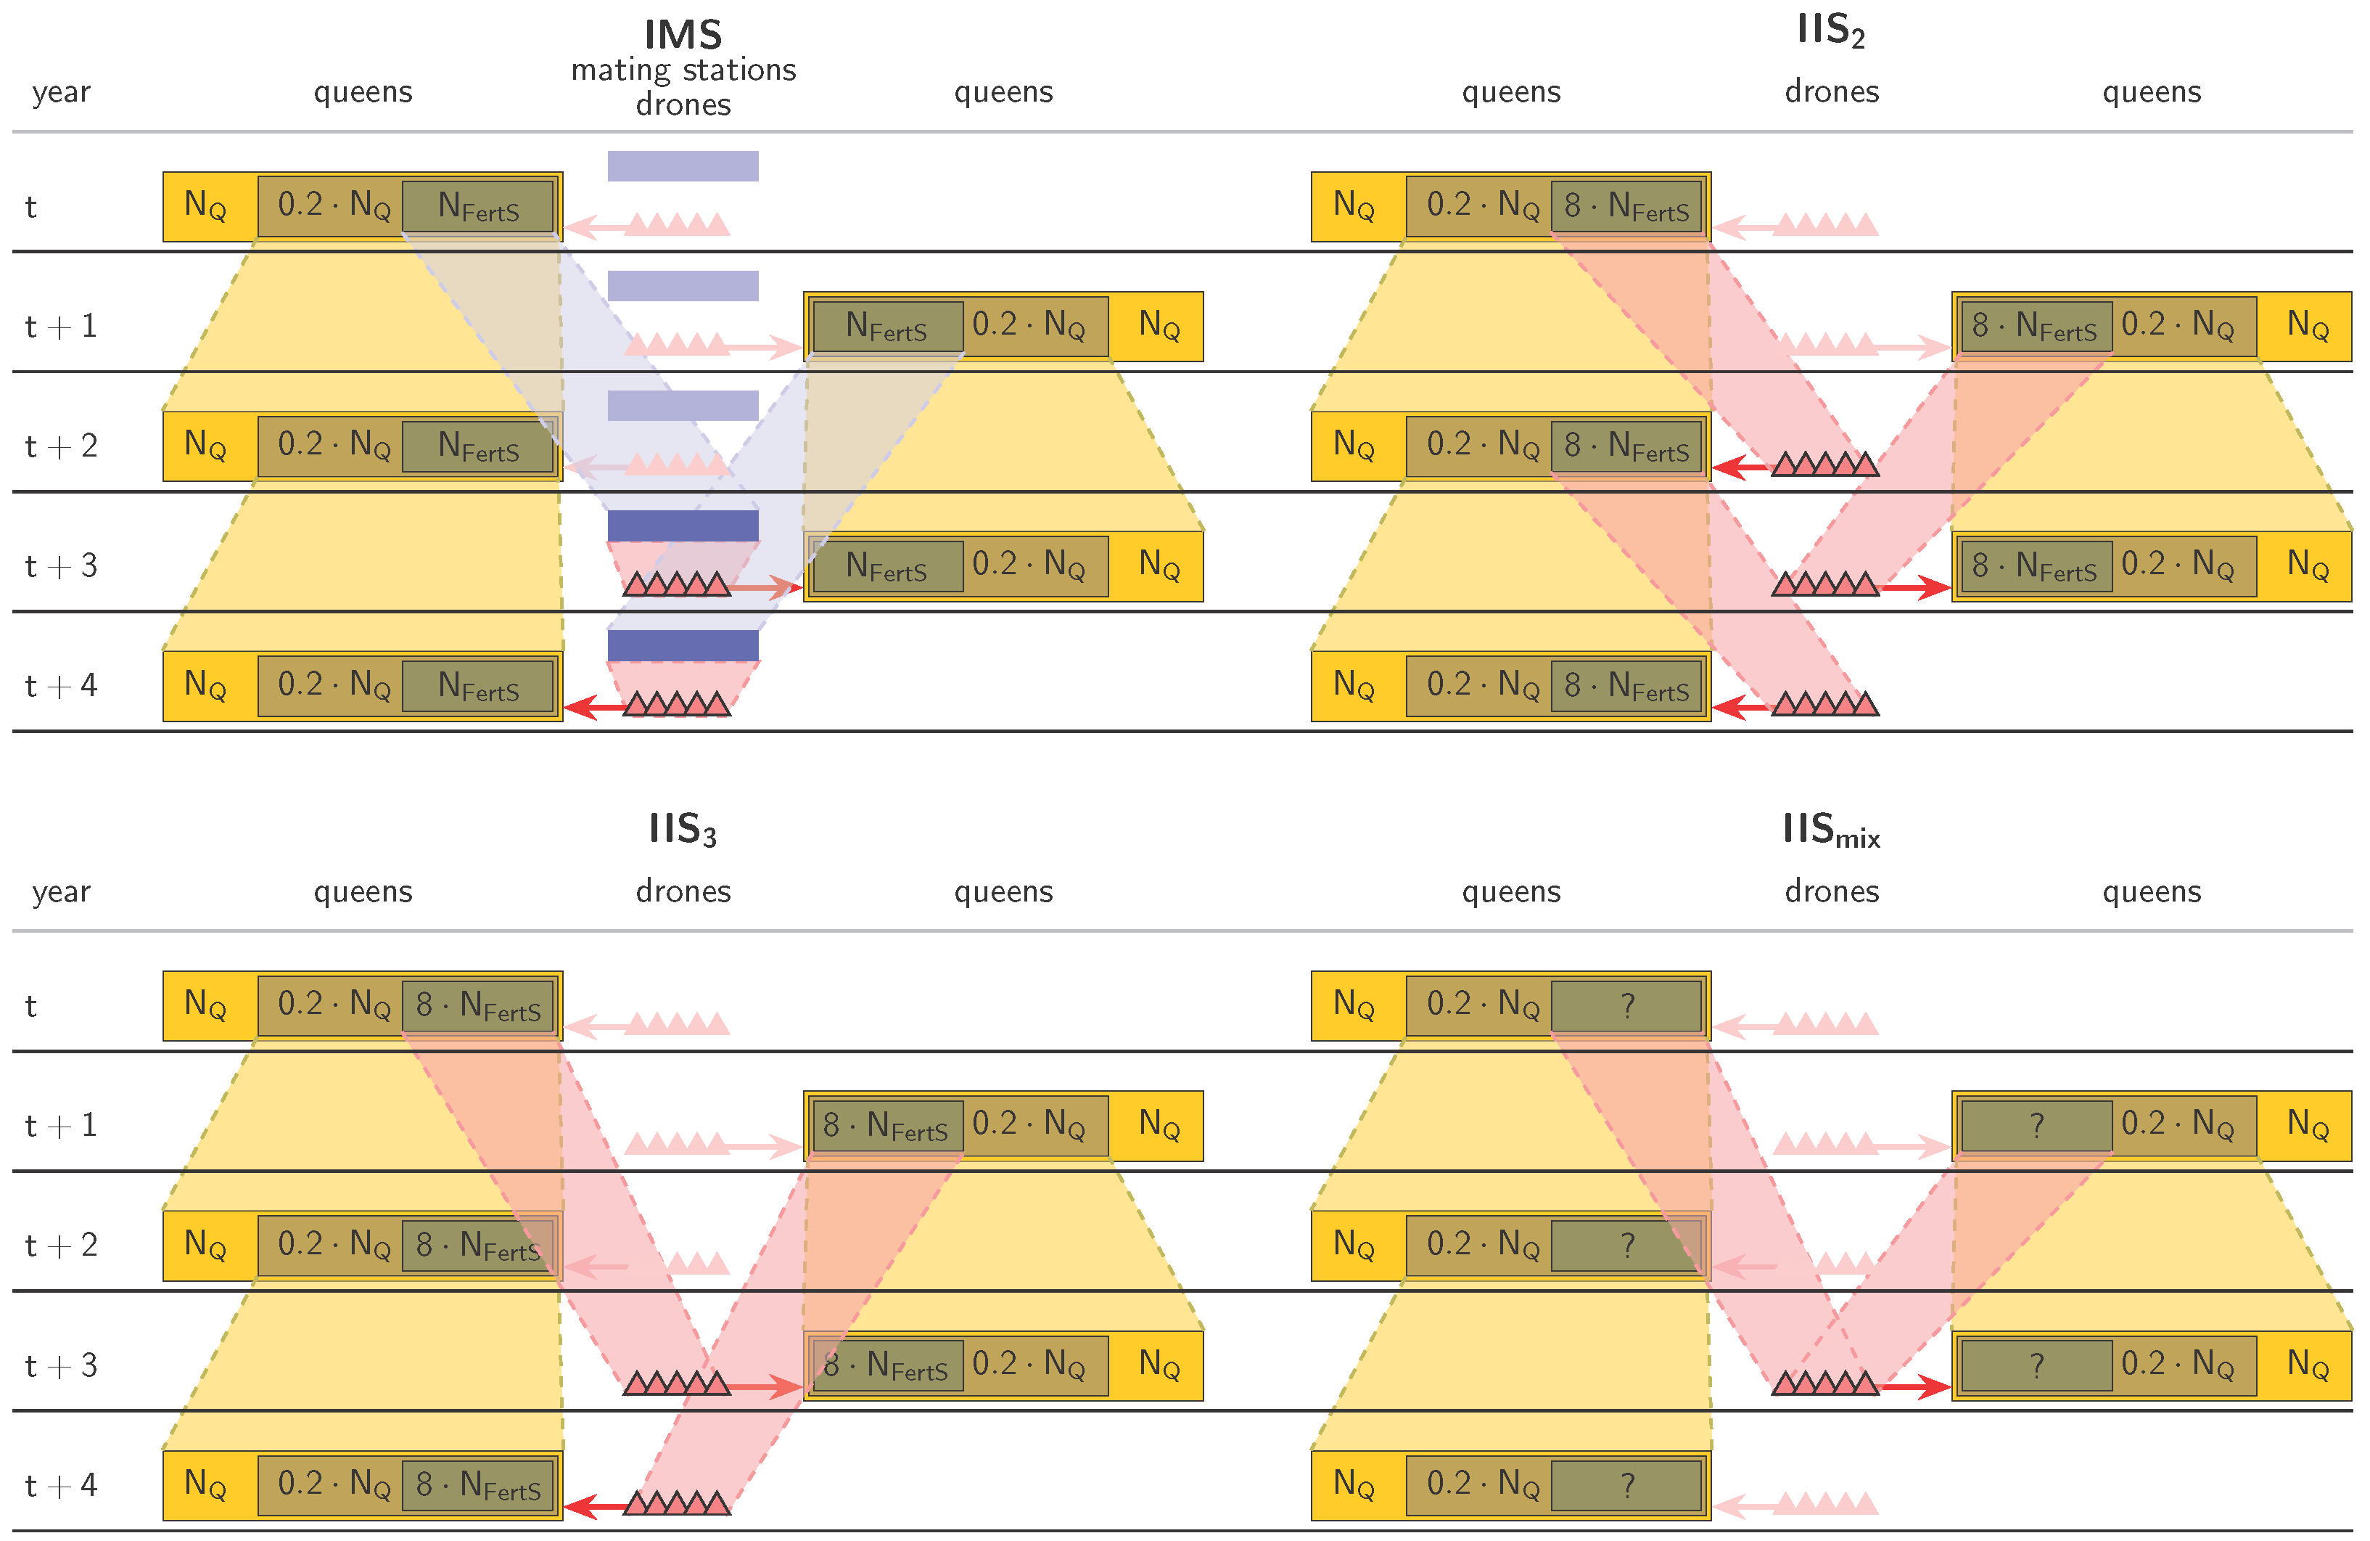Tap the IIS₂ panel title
[x=1830, y=30]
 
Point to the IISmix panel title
[x=1830, y=829]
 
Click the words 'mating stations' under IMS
[x=683, y=70]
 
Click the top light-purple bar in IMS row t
[x=683, y=165]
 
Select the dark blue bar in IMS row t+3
[x=683, y=525]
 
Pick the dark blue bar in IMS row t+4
[x=683, y=645]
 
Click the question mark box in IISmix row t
[x=1626, y=1005]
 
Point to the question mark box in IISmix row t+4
[x=1626, y=1485]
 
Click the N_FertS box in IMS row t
[x=478, y=206]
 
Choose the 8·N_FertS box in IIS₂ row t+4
[x=1626, y=685]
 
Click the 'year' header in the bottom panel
[x=61, y=891]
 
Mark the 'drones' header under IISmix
[x=1830, y=891]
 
